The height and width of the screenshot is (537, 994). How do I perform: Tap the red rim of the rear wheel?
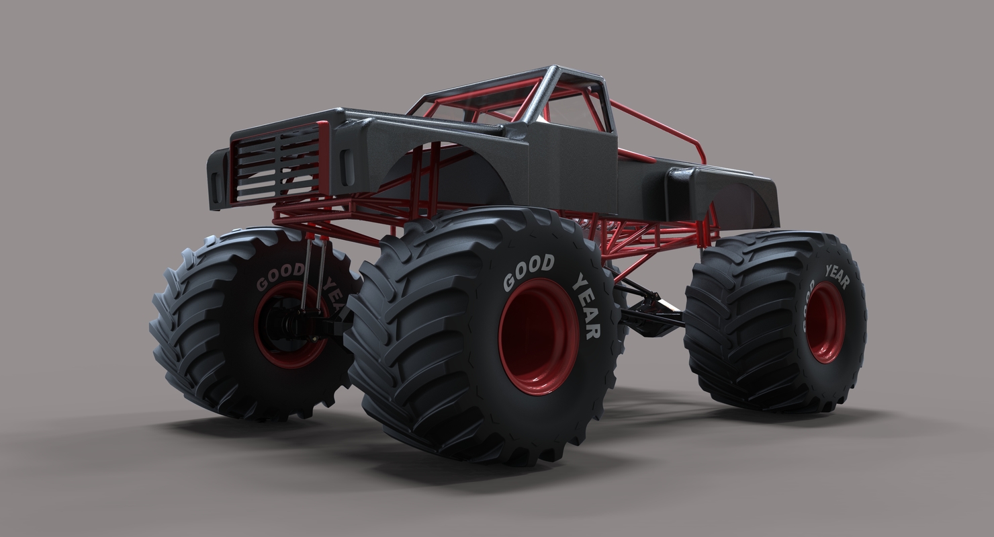click(x=825, y=323)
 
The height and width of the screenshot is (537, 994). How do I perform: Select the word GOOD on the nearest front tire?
click(x=529, y=271)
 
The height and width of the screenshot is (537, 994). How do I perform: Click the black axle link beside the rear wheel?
click(x=651, y=315)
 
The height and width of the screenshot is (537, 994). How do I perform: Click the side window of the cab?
click(x=578, y=111)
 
